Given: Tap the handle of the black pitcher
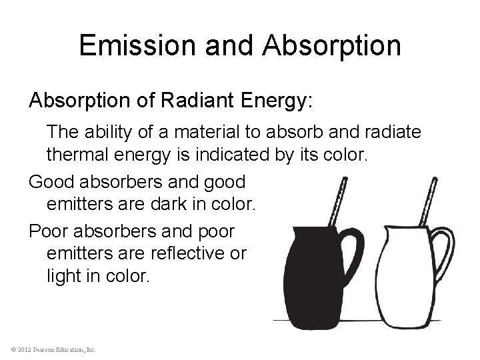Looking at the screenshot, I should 353,253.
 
